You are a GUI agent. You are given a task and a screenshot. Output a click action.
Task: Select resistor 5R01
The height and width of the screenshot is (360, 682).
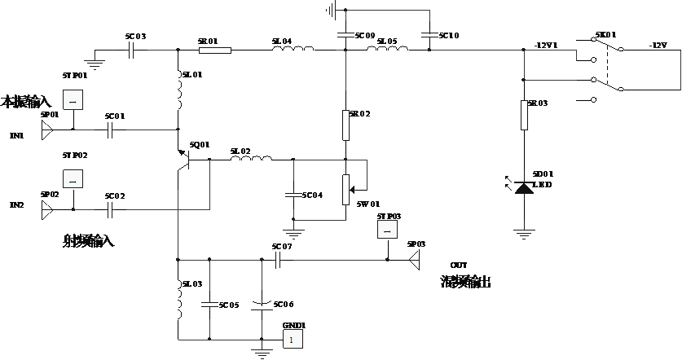coord(215,50)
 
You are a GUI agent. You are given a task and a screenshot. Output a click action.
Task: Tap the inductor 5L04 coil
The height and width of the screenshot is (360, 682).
coord(292,50)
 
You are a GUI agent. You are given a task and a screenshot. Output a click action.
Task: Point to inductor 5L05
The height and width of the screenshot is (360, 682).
coord(387,50)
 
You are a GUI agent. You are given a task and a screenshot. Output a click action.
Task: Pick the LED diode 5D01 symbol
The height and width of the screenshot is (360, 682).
coord(523,188)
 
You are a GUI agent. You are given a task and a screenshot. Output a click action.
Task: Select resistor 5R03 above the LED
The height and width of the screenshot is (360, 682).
coord(523,115)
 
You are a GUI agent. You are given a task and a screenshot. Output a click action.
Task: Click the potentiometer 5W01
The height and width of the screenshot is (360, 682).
coord(345,187)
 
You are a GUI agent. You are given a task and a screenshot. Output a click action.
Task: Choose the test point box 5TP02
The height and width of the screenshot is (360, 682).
coord(73,178)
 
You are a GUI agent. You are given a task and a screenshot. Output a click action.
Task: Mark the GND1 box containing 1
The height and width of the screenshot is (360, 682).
coord(292,340)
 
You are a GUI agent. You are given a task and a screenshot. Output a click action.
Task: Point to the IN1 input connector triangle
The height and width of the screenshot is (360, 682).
coord(47,129)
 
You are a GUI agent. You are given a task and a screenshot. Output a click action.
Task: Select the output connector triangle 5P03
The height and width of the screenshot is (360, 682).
coord(414,260)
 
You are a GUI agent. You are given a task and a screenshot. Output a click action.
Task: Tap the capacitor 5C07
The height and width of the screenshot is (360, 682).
coord(279,260)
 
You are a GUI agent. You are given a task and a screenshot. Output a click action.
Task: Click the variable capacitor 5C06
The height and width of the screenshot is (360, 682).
coord(262,305)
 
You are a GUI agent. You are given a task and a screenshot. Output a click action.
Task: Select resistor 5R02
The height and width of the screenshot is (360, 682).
coord(345,125)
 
